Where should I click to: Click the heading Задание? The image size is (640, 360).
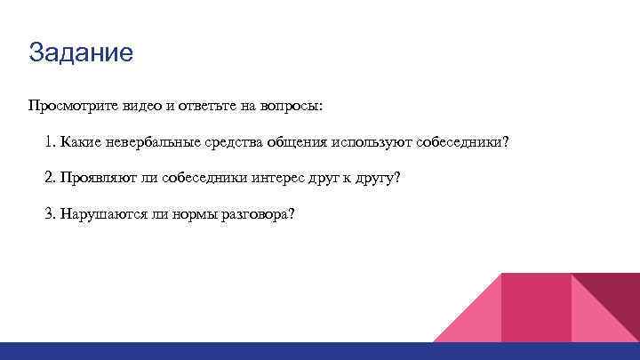(x=81, y=52)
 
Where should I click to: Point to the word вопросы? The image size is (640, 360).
(x=292, y=107)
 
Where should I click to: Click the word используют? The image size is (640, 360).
(x=372, y=143)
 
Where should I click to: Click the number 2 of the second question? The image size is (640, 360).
(x=49, y=179)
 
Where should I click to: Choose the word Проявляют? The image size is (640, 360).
(x=97, y=179)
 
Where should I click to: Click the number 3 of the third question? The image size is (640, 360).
(x=49, y=215)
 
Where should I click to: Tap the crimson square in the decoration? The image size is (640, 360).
(x=536, y=307)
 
